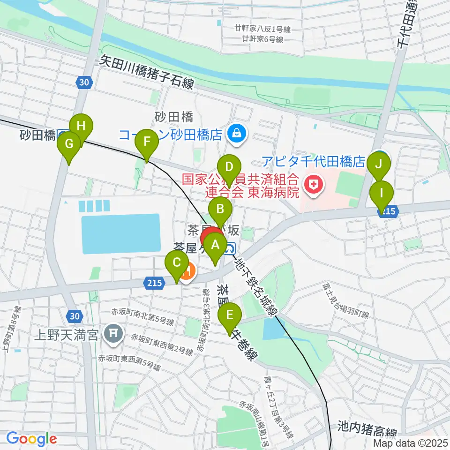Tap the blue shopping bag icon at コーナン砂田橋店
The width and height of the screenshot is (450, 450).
(x=237, y=134)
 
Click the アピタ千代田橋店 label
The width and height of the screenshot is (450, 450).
(x=313, y=162)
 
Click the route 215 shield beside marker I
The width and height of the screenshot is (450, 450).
(x=388, y=212)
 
